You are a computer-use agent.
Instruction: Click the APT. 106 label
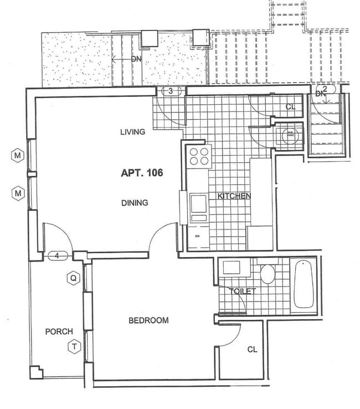pyautogui.click(x=142, y=173)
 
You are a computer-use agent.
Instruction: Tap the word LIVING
pyautogui.click(x=132, y=132)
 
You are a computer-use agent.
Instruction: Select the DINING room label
pyautogui.click(x=135, y=203)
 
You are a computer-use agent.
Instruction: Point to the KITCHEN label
pyautogui.click(x=234, y=196)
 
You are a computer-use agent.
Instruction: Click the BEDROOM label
pyautogui.click(x=148, y=320)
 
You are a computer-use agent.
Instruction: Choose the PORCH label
pyautogui.click(x=59, y=331)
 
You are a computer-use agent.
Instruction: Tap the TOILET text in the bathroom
pyautogui.click(x=241, y=291)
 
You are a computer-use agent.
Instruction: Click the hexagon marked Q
pyautogui.click(x=72, y=278)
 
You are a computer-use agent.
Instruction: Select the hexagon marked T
pyautogui.click(x=73, y=347)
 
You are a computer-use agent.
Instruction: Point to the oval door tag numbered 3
pyautogui.click(x=171, y=91)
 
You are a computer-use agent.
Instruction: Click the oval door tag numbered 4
pyautogui.click(x=58, y=255)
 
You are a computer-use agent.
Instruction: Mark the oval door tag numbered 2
pyautogui.click(x=325, y=89)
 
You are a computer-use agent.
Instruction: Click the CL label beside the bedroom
pyautogui.click(x=252, y=349)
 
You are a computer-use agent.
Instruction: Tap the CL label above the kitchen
pyautogui.click(x=290, y=107)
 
